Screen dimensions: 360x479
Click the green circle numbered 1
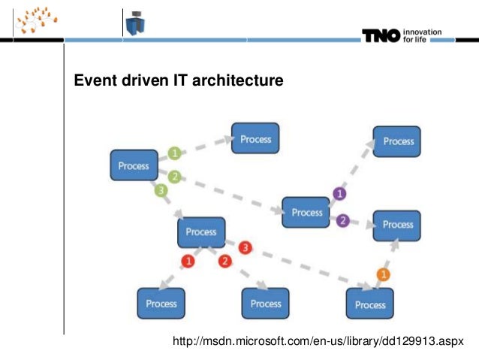pos(174,153)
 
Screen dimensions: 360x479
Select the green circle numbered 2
pos(174,177)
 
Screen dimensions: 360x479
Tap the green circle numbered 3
pos(160,191)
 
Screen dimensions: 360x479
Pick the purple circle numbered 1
pos(339,194)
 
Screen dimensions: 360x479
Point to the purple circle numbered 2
pos(343,220)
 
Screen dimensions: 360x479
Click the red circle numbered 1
pos(188,261)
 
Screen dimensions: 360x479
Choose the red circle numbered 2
pos(224,261)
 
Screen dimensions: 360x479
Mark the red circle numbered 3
pos(245,247)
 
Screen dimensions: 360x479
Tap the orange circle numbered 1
pos(383,274)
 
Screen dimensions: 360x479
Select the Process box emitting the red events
pos(201,232)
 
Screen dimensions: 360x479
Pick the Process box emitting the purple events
pos(306,213)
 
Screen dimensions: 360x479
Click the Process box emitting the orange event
pos(369,304)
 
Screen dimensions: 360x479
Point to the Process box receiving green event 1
pos(255,139)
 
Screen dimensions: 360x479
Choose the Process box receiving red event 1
pos(161,304)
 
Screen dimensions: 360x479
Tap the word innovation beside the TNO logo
pos(422,31)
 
